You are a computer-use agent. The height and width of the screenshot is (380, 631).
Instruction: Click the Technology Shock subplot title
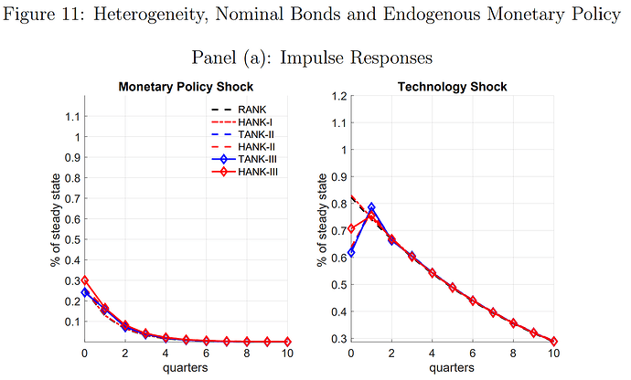click(451, 87)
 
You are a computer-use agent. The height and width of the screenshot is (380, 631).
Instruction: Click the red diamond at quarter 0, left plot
click(85, 280)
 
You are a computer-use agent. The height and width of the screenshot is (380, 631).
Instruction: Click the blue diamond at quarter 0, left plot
click(85, 292)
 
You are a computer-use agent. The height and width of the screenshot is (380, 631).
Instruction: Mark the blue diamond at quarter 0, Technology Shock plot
click(351, 252)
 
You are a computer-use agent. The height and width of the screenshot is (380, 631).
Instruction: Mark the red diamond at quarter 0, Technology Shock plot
click(351, 228)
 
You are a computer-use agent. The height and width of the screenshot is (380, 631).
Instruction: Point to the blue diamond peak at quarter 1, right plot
click(371, 207)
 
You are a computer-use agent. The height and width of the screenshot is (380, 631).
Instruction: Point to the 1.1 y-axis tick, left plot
click(70, 116)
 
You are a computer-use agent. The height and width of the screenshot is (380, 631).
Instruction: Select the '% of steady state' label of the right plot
click(321, 219)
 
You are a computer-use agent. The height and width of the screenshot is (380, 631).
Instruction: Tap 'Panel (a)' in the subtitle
click(230, 57)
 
